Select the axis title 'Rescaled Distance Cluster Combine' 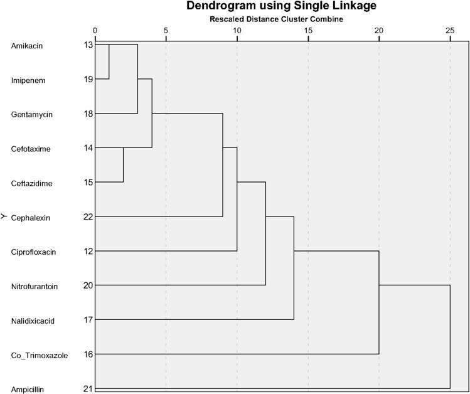(x=281, y=19)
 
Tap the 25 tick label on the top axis (x=450, y=30)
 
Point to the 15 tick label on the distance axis (x=308, y=30)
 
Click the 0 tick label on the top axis (x=95, y=30)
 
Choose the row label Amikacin (x=26, y=46)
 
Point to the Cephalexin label (x=29, y=218)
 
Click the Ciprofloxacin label (x=33, y=252)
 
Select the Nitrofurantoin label (x=35, y=286)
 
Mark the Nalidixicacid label (x=33, y=321)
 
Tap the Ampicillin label (x=27, y=389)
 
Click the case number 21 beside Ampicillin (x=87, y=389)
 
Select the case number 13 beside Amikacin (x=87, y=45)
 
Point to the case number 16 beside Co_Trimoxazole (x=87, y=354)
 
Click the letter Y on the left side (x=4, y=216)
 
